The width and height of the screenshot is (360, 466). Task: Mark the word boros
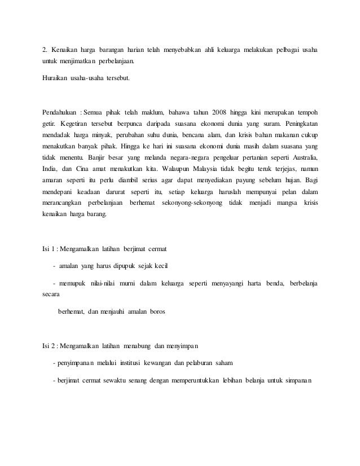tap(155, 310)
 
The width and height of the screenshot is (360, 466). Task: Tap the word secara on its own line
tap(52, 293)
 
